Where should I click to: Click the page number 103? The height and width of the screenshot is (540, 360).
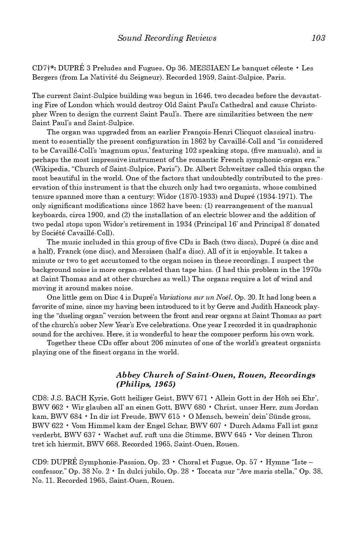318,38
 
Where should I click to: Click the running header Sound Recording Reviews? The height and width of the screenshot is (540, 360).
167,38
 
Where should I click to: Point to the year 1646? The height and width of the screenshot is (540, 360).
204,96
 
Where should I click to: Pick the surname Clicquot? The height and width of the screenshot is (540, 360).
238,132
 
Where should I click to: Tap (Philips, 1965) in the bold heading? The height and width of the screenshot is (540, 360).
146,384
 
